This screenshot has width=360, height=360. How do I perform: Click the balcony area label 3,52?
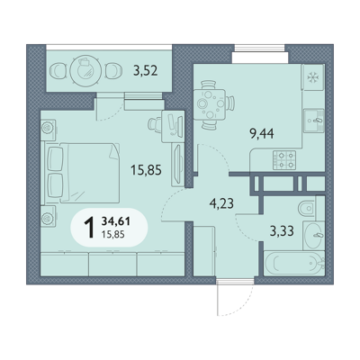[x=146, y=71]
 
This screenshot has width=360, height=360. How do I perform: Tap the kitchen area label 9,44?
[x=262, y=134]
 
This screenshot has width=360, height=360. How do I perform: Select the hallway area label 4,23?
[x=221, y=204]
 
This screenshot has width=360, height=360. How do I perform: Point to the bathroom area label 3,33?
[x=282, y=231]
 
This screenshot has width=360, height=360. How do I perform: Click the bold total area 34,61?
[x=116, y=221]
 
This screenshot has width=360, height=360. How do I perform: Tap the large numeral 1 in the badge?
[x=89, y=228]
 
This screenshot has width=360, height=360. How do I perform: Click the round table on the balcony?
[x=85, y=71]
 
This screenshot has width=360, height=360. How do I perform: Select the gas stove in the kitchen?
[x=284, y=160]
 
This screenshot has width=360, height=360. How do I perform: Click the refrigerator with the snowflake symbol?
[x=313, y=77]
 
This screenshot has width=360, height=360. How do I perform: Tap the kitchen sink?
[x=314, y=121]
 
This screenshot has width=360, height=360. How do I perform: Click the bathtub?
[x=294, y=264]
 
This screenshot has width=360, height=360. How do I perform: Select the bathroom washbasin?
[x=314, y=236]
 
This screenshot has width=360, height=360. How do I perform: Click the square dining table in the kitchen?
[x=210, y=104]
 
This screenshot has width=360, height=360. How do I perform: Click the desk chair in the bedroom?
[x=155, y=125]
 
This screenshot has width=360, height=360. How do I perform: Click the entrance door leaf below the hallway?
[x=218, y=297]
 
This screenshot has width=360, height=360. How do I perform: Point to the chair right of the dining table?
[x=230, y=103]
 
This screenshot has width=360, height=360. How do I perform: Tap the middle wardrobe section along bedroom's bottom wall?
[x=112, y=264]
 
